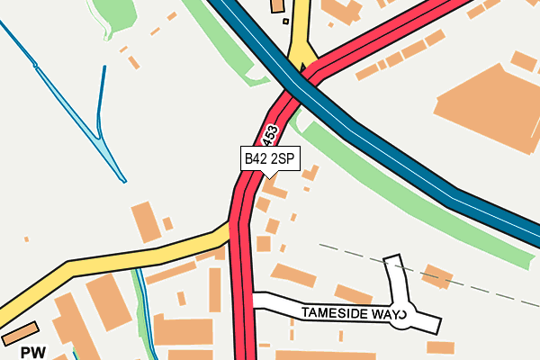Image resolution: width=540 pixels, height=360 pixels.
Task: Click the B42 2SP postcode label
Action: click(269, 158)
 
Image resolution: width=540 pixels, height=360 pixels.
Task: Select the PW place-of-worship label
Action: click(33, 352)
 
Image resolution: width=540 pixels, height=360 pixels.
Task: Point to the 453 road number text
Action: click(270, 138)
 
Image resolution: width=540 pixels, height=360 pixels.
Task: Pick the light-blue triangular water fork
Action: click(108, 149)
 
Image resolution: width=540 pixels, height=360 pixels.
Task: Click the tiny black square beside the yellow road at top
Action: click(285, 21)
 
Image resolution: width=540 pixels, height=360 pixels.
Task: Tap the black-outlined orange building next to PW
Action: click(20, 332)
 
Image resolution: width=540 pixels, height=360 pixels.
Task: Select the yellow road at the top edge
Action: click(300, 27)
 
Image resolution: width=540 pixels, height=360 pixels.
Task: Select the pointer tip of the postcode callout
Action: click(269, 176)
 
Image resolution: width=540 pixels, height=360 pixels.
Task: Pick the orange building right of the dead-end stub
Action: click(437, 275)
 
